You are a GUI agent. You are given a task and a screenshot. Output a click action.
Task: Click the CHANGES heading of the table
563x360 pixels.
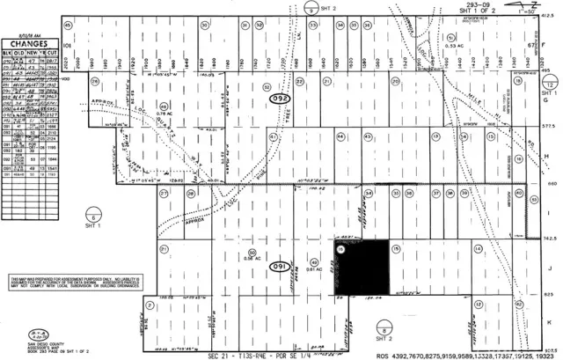tap(29, 40)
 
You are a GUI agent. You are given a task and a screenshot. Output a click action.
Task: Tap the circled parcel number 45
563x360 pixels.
tap(69, 26)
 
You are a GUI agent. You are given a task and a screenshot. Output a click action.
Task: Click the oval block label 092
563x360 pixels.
tap(281, 99)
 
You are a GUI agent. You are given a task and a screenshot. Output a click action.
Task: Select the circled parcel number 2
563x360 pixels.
tap(151, 280)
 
